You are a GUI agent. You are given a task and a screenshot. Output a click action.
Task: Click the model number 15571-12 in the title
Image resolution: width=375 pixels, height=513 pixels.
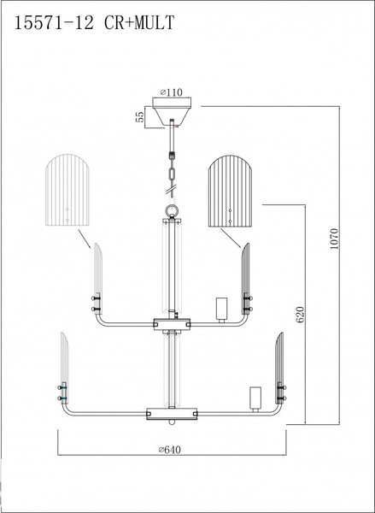(x=55, y=23)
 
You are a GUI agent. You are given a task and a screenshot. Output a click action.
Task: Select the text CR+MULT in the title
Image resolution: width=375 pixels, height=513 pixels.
(x=139, y=23)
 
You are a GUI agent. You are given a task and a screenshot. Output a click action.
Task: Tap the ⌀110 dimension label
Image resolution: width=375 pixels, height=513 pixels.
(x=172, y=92)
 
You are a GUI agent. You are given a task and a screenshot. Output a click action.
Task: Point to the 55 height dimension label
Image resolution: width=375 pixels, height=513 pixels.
(x=140, y=117)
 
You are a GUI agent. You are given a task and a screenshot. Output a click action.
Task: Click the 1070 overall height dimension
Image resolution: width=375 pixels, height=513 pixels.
(x=334, y=239)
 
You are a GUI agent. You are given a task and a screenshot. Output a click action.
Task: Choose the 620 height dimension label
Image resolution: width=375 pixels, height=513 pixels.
(x=300, y=315)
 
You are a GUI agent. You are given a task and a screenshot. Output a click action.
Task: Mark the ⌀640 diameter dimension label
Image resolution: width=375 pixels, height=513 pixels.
(x=170, y=450)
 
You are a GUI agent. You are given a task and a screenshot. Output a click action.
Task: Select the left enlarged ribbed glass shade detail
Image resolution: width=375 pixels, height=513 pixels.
(x=67, y=190)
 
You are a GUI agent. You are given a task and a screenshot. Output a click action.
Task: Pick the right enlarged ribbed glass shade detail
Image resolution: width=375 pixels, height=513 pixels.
(x=230, y=191)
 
